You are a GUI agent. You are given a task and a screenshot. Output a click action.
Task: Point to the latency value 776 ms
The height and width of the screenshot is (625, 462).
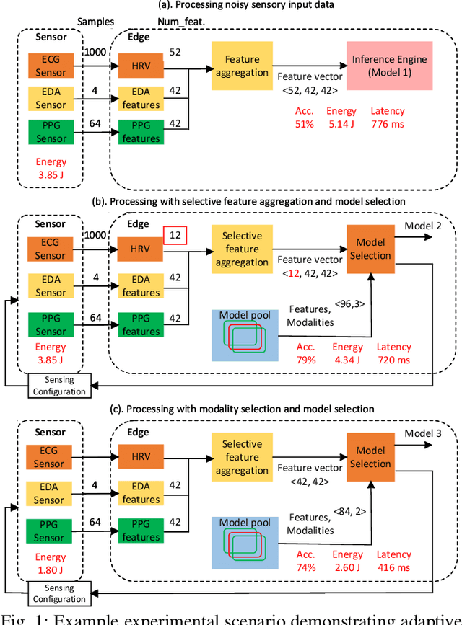[388, 125]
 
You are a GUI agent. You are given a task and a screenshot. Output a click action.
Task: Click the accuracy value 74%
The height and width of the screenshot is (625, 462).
[305, 568]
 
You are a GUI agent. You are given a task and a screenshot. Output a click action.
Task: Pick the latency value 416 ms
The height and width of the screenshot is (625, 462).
[394, 568]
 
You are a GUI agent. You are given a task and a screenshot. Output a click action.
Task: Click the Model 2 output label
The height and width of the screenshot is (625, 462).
[423, 225]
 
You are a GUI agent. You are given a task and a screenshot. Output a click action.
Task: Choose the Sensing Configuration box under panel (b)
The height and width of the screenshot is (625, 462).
[60, 386]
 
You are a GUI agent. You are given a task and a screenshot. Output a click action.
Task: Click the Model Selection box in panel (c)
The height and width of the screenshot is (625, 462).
[370, 457]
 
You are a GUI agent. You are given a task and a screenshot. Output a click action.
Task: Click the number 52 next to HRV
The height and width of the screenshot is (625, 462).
[175, 51]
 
